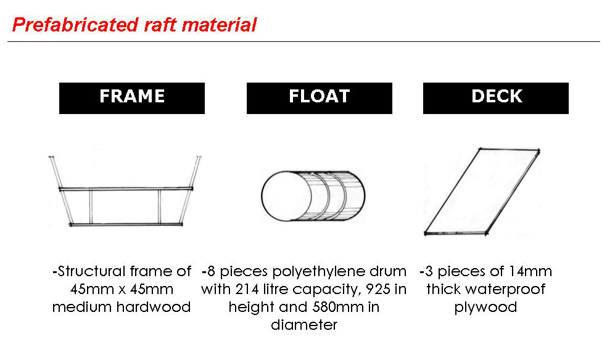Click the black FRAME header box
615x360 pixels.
tap(131, 97)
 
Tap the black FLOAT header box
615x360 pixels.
tap(319, 97)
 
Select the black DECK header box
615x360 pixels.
tap(496, 97)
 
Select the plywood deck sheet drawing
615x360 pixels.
tap(482, 191)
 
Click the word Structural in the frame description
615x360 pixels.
tap(91, 272)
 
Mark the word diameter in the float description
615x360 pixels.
tap(304, 325)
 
